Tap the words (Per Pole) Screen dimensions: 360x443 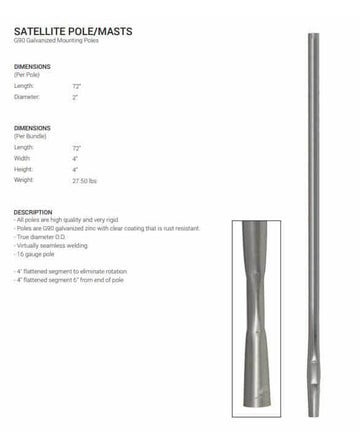(27, 75)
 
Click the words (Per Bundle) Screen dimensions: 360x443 (30, 135)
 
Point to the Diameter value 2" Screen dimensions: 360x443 (76, 97)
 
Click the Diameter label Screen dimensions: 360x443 (27, 97)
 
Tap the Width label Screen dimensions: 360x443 (22, 158)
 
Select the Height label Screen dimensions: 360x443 (23, 169)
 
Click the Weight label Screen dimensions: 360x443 (24, 181)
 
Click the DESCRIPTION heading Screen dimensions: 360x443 (33, 212)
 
